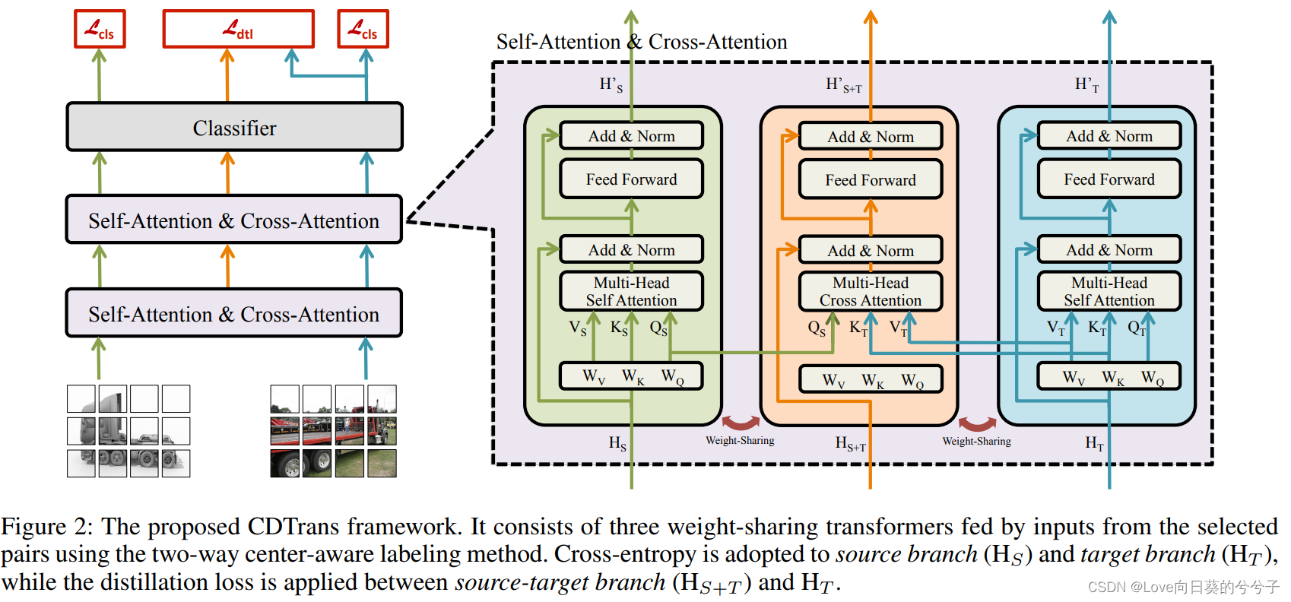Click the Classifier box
click(234, 127)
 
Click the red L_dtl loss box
click(238, 29)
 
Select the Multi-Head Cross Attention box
click(871, 292)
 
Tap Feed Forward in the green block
click(631, 179)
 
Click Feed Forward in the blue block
click(1109, 179)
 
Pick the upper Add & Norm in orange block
click(871, 137)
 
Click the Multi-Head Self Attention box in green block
click(631, 292)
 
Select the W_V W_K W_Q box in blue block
click(1109, 377)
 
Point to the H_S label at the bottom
click(617, 443)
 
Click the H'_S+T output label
click(843, 85)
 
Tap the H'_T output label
click(1086, 85)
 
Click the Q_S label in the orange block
click(817, 328)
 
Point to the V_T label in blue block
click(1055, 328)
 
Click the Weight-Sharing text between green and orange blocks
click(740, 441)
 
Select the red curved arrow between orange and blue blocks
click(977, 423)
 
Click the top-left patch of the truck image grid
click(81, 398)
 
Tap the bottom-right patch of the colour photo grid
click(382, 463)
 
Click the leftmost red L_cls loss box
click(100, 29)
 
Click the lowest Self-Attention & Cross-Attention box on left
click(234, 314)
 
